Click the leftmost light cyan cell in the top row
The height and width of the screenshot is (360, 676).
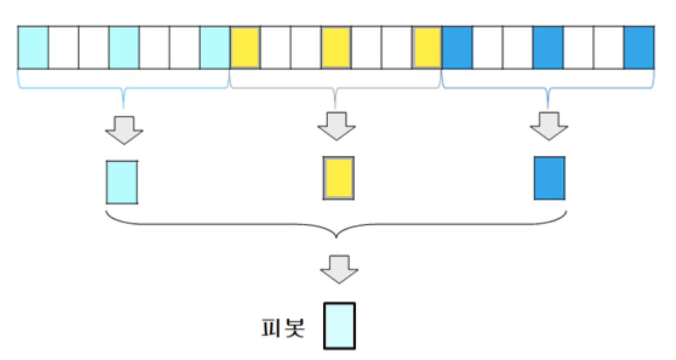(33, 47)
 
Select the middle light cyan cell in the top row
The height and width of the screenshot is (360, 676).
(124, 47)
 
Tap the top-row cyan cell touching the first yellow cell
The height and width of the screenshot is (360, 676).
(215, 47)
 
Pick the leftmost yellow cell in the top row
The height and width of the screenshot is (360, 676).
(245, 47)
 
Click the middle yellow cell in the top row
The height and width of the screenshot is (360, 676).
(336, 47)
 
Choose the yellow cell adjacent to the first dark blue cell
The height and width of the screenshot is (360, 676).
(427, 47)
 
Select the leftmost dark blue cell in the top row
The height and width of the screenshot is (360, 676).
(457, 47)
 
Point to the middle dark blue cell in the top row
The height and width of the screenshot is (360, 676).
(548, 47)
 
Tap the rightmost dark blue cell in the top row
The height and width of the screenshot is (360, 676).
(639, 47)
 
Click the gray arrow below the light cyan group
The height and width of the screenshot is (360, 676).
(124, 128)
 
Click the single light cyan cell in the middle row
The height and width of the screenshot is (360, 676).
(122, 182)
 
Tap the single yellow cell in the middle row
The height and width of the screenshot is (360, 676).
(338, 178)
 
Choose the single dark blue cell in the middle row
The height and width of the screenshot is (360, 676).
(549, 178)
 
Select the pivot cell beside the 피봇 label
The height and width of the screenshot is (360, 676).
(339, 325)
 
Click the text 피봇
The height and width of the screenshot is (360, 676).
(282, 327)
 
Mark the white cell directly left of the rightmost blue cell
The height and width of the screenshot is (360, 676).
(609, 47)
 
